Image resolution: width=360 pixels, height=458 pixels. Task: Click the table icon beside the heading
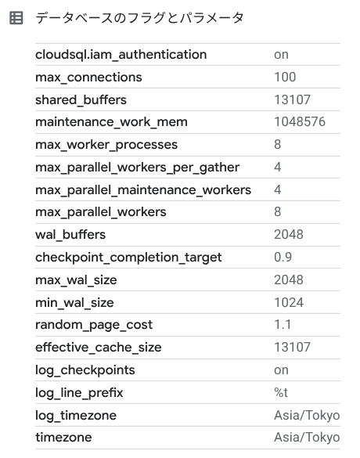click(x=16, y=18)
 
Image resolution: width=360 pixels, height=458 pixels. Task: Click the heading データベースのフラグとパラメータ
click(x=139, y=18)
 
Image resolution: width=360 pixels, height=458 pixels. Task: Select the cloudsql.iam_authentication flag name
click(x=121, y=55)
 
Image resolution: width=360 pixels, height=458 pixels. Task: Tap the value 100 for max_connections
click(x=285, y=77)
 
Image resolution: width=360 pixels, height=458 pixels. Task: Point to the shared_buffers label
click(x=81, y=100)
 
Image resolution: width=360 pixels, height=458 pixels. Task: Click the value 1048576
click(x=300, y=122)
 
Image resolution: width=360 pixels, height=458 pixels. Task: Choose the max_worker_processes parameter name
click(x=106, y=145)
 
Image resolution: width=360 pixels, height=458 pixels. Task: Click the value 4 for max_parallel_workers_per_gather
click(x=277, y=167)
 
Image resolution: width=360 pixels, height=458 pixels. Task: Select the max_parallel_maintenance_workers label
click(x=143, y=190)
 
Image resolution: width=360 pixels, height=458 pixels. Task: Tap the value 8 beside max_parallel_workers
click(x=277, y=211)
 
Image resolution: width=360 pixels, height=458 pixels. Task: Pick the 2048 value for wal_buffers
click(x=289, y=235)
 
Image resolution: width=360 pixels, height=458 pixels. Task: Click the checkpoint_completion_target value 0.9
click(x=283, y=257)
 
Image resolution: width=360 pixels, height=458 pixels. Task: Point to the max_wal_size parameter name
click(x=76, y=280)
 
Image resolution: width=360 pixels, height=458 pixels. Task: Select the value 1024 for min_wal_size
click(x=289, y=302)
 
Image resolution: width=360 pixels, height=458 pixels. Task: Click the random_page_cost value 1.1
click(x=283, y=324)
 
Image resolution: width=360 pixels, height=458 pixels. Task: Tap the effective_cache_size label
click(x=98, y=348)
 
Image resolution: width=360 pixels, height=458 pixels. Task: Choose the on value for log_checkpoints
click(x=281, y=370)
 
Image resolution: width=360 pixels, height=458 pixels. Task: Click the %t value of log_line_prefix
click(x=281, y=392)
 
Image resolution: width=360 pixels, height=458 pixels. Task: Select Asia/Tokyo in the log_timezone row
click(x=307, y=416)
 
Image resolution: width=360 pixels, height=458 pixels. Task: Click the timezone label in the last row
click(x=63, y=438)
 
